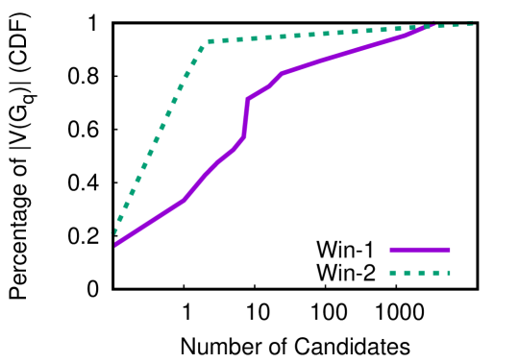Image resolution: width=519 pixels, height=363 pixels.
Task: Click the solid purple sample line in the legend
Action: (x=420, y=250)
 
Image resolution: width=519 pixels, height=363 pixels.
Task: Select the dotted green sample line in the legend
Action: (x=420, y=273)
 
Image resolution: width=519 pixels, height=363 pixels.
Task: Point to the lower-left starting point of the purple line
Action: (x=116, y=244)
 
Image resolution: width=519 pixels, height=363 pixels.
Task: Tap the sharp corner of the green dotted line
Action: (x=208, y=41)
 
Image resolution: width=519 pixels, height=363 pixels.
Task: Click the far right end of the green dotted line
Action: (x=472, y=24)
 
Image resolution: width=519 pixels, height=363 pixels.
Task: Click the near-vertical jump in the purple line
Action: (x=246, y=117)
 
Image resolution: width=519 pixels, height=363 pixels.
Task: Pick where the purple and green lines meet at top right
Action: (x=429, y=26)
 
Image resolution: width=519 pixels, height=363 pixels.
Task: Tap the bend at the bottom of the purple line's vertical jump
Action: (x=243, y=137)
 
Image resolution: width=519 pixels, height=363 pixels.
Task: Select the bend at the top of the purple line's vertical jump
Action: (x=248, y=98)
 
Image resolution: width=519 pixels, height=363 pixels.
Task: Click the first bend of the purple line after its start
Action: (x=184, y=199)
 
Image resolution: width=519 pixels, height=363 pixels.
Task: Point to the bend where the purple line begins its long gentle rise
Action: (x=282, y=73)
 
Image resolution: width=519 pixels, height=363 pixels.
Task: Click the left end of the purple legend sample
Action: (x=391, y=250)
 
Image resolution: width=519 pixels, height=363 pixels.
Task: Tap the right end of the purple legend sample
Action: (x=449, y=250)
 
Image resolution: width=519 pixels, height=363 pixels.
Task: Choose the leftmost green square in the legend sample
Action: (x=393, y=273)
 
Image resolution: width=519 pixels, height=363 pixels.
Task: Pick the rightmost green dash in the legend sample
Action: (x=448, y=273)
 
